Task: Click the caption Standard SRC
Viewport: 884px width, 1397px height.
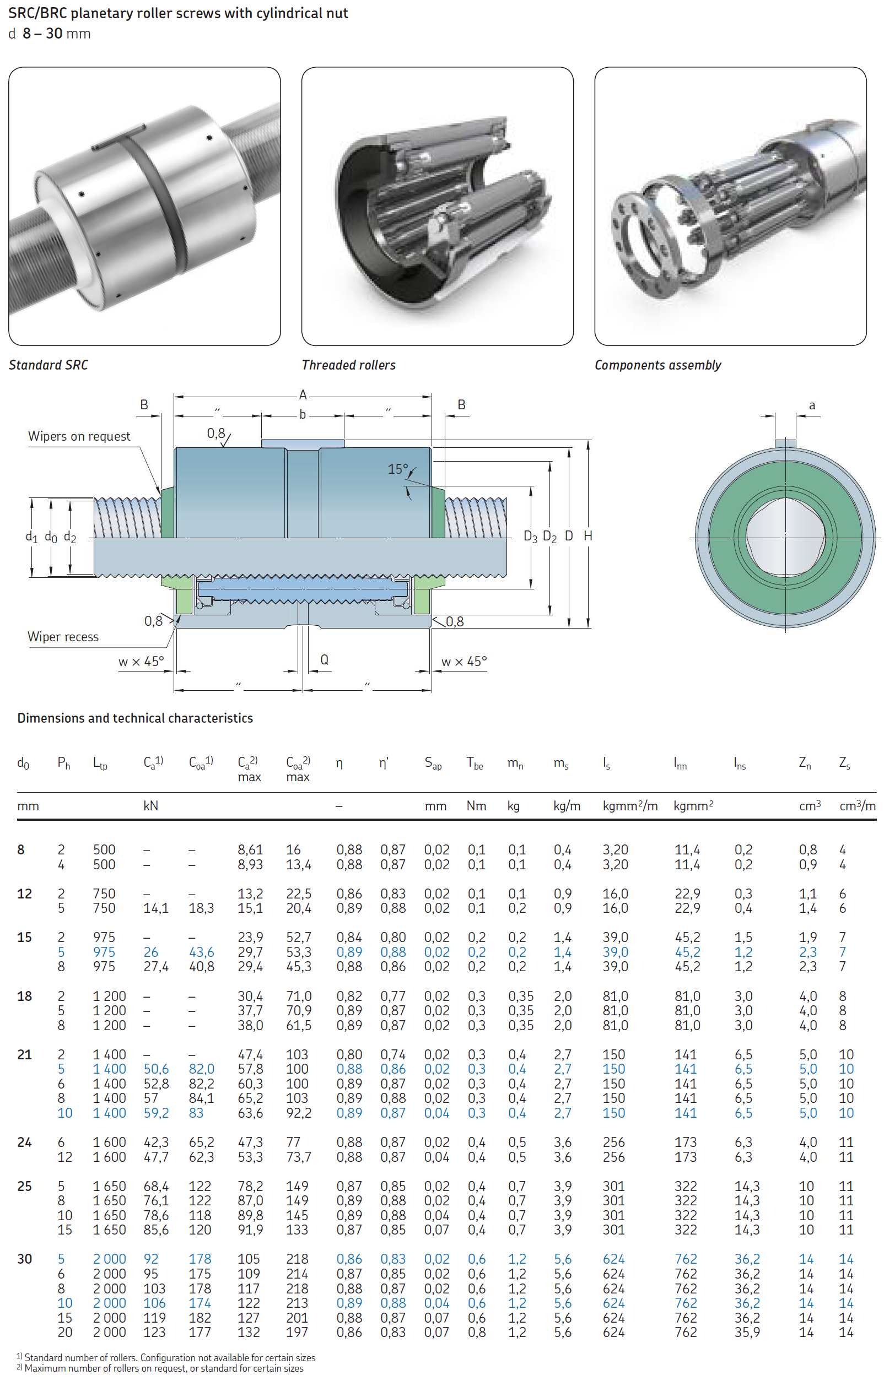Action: point(48,365)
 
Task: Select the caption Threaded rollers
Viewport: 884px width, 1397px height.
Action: point(348,365)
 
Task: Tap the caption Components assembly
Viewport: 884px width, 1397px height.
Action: point(657,365)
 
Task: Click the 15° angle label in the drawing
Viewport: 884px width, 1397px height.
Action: point(397,469)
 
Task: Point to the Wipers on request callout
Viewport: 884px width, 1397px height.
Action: point(79,436)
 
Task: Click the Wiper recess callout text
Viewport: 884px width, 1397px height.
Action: point(63,637)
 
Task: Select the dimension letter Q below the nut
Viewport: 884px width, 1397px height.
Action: point(325,659)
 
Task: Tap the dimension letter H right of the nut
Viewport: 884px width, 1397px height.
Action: point(588,536)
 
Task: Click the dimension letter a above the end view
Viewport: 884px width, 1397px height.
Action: point(812,405)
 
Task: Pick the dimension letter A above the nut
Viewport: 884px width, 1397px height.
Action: point(303,395)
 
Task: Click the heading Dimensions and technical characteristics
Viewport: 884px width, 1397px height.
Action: point(134,718)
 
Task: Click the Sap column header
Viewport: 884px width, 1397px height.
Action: point(433,764)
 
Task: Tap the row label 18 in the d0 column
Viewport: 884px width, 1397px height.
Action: point(24,996)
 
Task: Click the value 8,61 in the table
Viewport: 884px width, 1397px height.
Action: point(250,850)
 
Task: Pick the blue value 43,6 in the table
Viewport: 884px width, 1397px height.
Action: point(201,952)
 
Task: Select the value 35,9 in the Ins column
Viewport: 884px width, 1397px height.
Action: point(747,1332)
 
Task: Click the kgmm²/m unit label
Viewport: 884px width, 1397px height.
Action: point(630,806)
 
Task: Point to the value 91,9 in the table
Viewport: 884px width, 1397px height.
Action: point(250,1230)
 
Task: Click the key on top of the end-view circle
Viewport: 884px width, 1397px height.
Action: point(785,444)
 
